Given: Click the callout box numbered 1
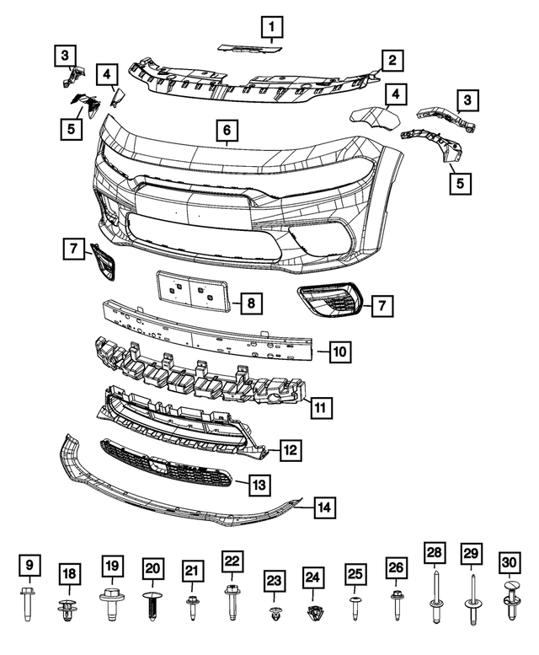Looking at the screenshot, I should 271,30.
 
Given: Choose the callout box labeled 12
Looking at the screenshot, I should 289,450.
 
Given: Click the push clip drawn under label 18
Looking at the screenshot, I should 68,608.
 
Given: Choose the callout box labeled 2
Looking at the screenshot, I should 392,60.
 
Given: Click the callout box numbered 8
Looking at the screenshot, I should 251,302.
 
